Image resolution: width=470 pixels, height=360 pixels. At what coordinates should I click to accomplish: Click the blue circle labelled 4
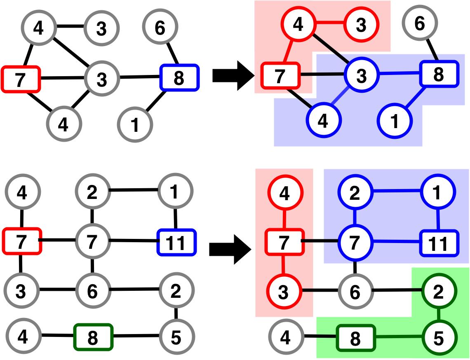[x=324, y=122]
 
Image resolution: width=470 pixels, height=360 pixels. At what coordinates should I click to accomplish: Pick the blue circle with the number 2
[x=355, y=193]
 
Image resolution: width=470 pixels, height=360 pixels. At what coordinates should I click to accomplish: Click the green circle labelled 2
[x=438, y=292]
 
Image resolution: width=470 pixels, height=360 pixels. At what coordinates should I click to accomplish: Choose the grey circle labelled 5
[x=176, y=338]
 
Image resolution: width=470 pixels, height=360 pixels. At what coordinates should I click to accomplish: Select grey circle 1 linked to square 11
[x=175, y=192]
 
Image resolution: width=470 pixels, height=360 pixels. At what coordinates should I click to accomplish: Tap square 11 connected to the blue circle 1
[x=438, y=244]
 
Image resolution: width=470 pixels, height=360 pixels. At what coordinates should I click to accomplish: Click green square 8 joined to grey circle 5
[x=93, y=338]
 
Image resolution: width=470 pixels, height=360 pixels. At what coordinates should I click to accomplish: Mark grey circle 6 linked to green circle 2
[x=355, y=292]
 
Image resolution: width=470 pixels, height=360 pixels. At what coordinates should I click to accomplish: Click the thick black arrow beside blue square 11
[x=230, y=248]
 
